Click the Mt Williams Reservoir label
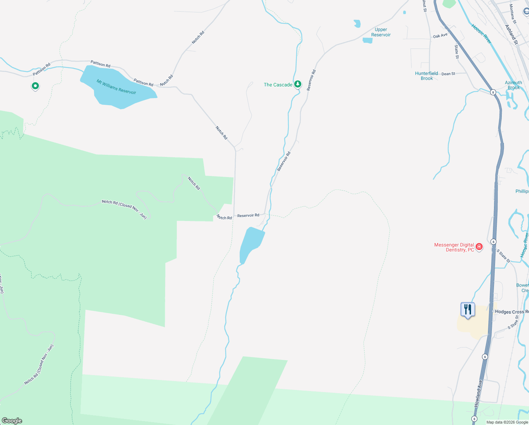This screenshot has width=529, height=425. click(116, 87)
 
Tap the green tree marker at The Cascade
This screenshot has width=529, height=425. click(298, 84)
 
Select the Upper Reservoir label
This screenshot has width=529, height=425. click(381, 32)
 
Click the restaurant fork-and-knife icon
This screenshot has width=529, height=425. click(468, 310)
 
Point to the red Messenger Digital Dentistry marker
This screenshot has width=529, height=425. click(479, 246)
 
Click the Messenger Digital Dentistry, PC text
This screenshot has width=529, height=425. click(454, 247)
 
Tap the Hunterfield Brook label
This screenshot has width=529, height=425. click(426, 76)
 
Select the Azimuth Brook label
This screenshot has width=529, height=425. click(513, 85)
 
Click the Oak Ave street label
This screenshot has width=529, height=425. click(440, 36)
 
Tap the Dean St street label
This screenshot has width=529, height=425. click(448, 74)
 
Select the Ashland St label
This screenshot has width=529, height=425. click(511, 34)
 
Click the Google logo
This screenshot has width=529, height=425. click(12, 421)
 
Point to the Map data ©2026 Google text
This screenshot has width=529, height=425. click(507, 422)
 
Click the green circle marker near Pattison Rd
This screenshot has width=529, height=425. click(35, 86)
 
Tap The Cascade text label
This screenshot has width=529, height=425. click(278, 85)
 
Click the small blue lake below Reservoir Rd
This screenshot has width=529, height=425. click(251, 244)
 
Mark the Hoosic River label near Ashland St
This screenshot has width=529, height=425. click(481, 34)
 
